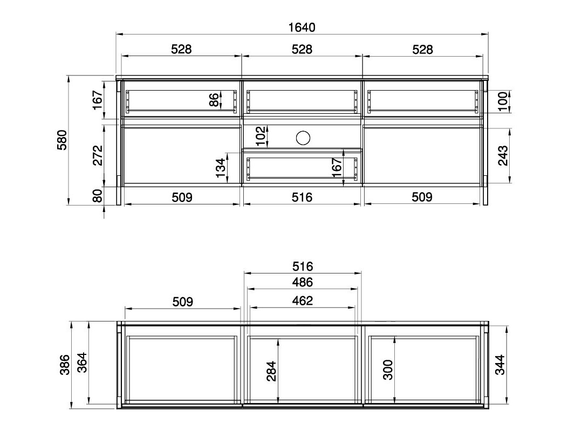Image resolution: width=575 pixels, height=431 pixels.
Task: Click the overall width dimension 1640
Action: (x=302, y=28)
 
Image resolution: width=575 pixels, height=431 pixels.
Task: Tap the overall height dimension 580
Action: (x=63, y=140)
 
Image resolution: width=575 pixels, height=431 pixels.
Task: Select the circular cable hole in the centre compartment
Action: (x=303, y=138)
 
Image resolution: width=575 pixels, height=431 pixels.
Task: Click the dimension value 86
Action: (x=214, y=100)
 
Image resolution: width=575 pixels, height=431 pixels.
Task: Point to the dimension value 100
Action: (x=503, y=101)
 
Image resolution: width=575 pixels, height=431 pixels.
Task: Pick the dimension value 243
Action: (x=503, y=155)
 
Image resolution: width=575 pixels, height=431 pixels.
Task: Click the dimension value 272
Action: (x=98, y=155)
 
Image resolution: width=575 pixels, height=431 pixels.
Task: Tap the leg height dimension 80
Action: (x=98, y=196)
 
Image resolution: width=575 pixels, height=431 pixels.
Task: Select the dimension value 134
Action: (x=220, y=168)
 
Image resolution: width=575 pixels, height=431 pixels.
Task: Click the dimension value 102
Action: (x=261, y=136)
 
